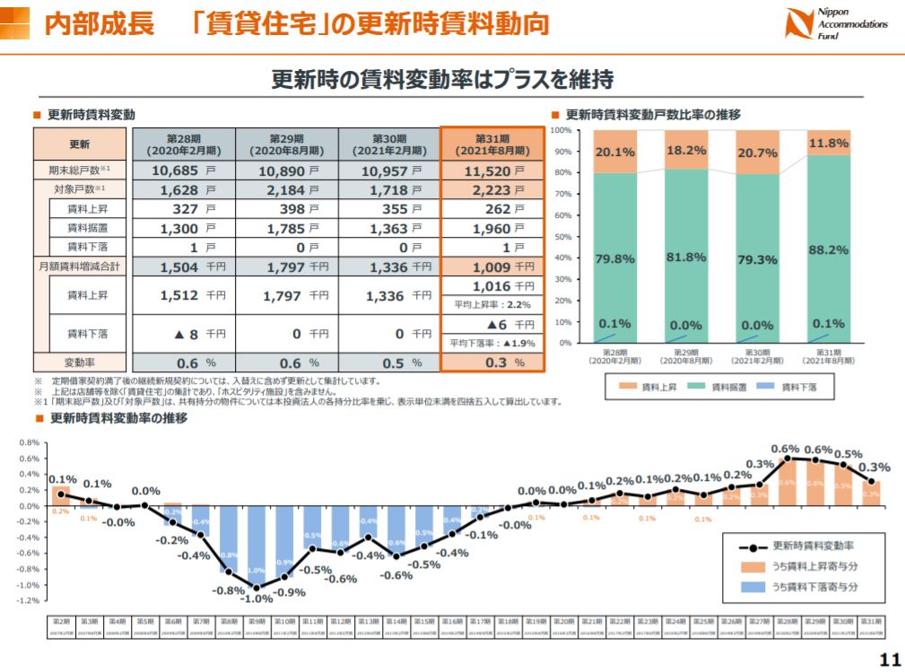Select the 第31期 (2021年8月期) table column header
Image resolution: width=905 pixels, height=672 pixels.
pyautogui.click(x=492, y=144)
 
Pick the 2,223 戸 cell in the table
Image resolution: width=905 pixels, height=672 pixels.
pyautogui.click(x=492, y=190)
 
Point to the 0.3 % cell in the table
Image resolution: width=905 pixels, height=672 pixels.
pyautogui.click(x=492, y=362)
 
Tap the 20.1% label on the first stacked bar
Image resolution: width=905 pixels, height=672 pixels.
pyautogui.click(x=615, y=152)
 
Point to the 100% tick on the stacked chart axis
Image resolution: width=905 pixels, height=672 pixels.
pyautogui.click(x=561, y=130)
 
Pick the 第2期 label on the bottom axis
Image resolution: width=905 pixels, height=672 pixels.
pyautogui.click(x=62, y=621)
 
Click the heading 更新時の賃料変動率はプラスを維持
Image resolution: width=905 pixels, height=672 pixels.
pyautogui.click(x=442, y=80)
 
